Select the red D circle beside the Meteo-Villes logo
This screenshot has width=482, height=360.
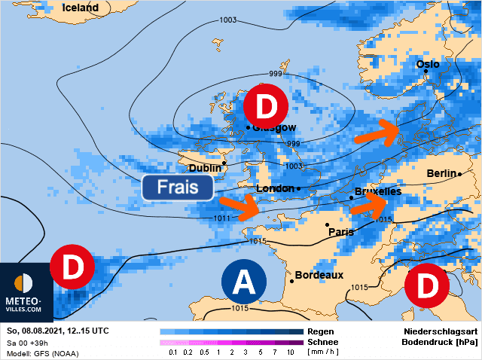click(72, 267)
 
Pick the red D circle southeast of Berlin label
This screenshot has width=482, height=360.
click(426, 285)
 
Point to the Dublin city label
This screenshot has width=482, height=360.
click(205, 167)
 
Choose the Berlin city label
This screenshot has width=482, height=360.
click(441, 173)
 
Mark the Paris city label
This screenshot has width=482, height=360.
click(341, 232)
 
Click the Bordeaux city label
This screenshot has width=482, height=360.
click(319, 275)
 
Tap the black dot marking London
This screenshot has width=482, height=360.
click(298, 188)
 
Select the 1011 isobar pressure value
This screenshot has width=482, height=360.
click(221, 218)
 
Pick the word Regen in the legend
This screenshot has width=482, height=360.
click(322, 331)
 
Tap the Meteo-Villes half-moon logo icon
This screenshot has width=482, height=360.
click(24, 282)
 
